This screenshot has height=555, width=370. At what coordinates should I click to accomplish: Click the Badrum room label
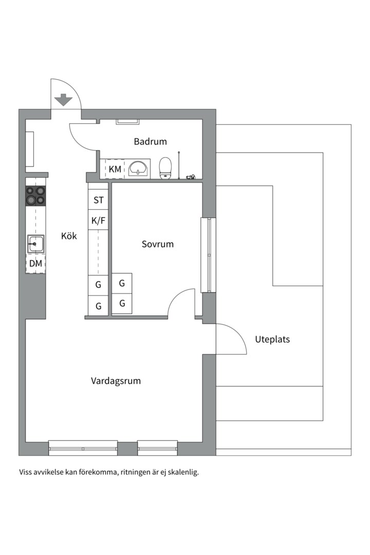pos(150,141)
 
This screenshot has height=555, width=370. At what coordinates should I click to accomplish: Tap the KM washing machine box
pos(115,169)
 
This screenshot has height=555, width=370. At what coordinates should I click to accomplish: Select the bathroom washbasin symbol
pos(138,168)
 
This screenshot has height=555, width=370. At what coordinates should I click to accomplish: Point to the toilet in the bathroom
pos(165,168)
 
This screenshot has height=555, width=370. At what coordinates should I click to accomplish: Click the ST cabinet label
pos(98,200)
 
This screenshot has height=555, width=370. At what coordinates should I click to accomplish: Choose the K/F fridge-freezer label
pos(98,221)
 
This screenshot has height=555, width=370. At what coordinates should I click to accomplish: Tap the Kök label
pos(69,236)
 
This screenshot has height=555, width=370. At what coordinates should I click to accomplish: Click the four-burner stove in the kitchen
pos(35,195)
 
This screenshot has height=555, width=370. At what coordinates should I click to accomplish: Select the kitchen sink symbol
pos(35,244)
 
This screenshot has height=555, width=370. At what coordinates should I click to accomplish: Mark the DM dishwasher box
pos(35,264)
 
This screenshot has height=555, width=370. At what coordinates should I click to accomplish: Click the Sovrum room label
pos(158,244)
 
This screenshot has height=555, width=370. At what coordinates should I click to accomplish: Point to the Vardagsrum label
pos(116,381)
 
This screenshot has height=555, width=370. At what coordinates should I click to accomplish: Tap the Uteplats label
pos(272,339)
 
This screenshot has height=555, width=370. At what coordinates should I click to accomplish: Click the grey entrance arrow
pos(64,100)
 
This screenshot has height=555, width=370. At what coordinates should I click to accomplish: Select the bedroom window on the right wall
pos(209,255)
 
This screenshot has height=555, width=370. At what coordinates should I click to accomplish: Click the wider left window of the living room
pos(83,448)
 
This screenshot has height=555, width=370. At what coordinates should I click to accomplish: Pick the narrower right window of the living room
pos(158,448)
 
